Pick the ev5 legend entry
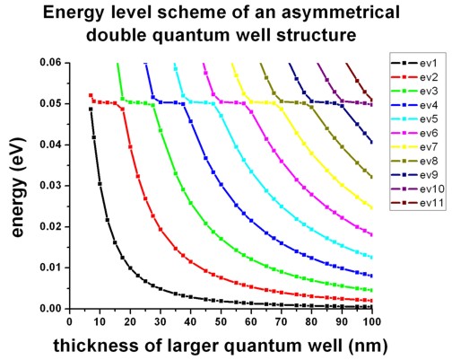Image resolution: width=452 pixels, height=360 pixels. point(416,119)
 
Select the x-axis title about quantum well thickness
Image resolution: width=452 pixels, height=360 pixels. point(222,346)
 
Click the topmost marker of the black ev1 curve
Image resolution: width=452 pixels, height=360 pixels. point(91,109)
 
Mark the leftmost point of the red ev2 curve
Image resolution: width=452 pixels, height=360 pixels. point(91,95)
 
